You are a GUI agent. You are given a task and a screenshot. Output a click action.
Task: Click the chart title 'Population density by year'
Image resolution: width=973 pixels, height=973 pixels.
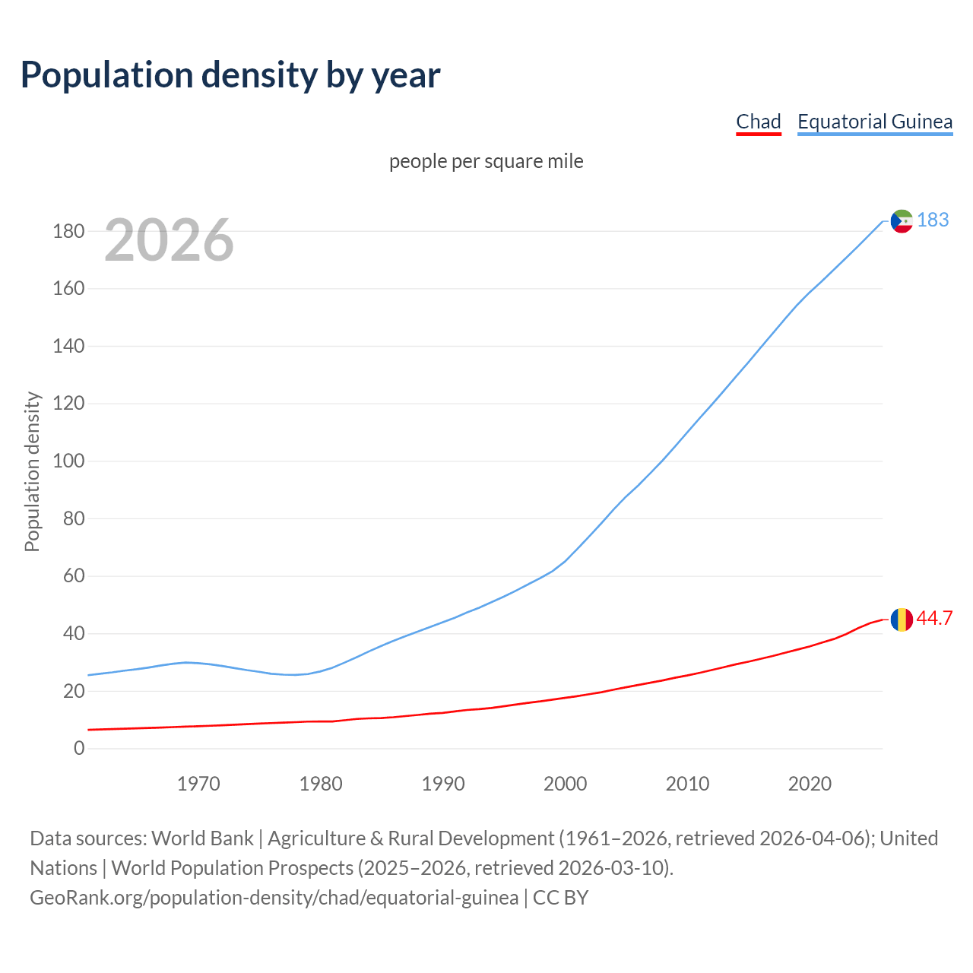230,75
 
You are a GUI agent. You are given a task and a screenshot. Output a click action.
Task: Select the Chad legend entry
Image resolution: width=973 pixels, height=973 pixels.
758,122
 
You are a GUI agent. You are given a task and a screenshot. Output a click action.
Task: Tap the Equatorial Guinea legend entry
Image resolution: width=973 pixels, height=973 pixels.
874,122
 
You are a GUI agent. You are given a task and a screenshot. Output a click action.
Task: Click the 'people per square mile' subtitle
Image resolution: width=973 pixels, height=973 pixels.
486,161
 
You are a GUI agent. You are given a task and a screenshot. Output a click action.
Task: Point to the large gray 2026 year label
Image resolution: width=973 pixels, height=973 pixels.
169,240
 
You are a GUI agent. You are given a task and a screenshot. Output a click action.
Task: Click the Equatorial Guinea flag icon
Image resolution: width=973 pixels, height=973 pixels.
902,221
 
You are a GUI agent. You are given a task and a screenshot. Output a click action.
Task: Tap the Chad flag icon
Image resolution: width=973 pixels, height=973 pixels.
902,620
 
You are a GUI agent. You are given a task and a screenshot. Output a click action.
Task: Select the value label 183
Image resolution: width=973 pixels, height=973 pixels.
933,220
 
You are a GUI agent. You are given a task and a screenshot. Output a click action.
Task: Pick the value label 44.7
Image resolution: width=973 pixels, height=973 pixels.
934,619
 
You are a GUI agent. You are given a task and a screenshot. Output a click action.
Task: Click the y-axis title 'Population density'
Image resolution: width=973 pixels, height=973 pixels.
32,471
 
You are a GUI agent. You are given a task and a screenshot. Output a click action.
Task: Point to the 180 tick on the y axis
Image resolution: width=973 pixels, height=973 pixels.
68,231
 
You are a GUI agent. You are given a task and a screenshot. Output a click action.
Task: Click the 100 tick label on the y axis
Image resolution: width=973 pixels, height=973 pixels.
68,461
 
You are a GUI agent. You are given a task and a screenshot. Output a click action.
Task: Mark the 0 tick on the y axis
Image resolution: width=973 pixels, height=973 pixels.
79,749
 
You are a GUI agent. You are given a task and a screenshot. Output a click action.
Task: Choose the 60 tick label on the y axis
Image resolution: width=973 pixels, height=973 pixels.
73,576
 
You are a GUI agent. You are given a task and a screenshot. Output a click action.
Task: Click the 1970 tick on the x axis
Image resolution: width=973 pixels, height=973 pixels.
198,784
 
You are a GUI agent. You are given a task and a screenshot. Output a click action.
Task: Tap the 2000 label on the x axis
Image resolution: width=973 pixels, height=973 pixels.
565,784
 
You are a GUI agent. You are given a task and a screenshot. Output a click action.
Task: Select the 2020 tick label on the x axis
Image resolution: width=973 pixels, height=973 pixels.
810,784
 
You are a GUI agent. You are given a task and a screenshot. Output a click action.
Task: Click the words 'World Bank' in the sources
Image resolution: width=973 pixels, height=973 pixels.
202,838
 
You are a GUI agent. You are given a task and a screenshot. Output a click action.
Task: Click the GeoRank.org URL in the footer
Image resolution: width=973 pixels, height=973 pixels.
274,898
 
